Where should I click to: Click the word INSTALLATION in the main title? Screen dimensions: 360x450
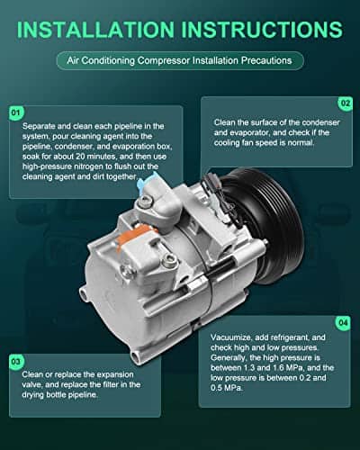click(95, 30)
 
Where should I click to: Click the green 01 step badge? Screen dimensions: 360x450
click(16, 112)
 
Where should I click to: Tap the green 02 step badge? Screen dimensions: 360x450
click(346, 103)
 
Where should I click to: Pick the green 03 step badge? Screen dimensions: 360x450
click(16, 361)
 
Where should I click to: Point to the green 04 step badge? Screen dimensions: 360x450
click(343, 323)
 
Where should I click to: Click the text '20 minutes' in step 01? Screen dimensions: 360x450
click(95, 157)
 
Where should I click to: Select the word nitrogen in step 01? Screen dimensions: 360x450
click(88, 166)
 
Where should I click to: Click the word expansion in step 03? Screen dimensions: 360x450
click(115, 374)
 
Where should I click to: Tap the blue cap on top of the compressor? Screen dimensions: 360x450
click(146, 179)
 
